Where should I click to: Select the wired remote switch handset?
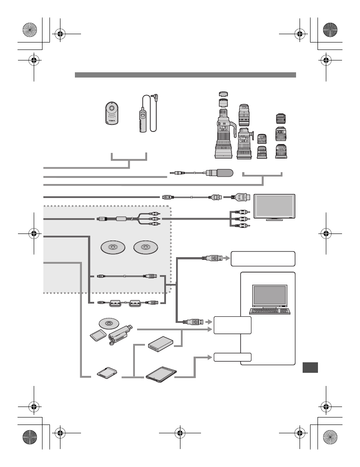(141, 119)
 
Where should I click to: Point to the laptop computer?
(269, 300)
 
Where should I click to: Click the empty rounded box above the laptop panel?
(263, 258)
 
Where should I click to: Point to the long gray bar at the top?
(185, 75)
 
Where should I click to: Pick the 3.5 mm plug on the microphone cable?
(177, 173)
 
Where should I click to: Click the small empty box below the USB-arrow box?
(233, 357)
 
